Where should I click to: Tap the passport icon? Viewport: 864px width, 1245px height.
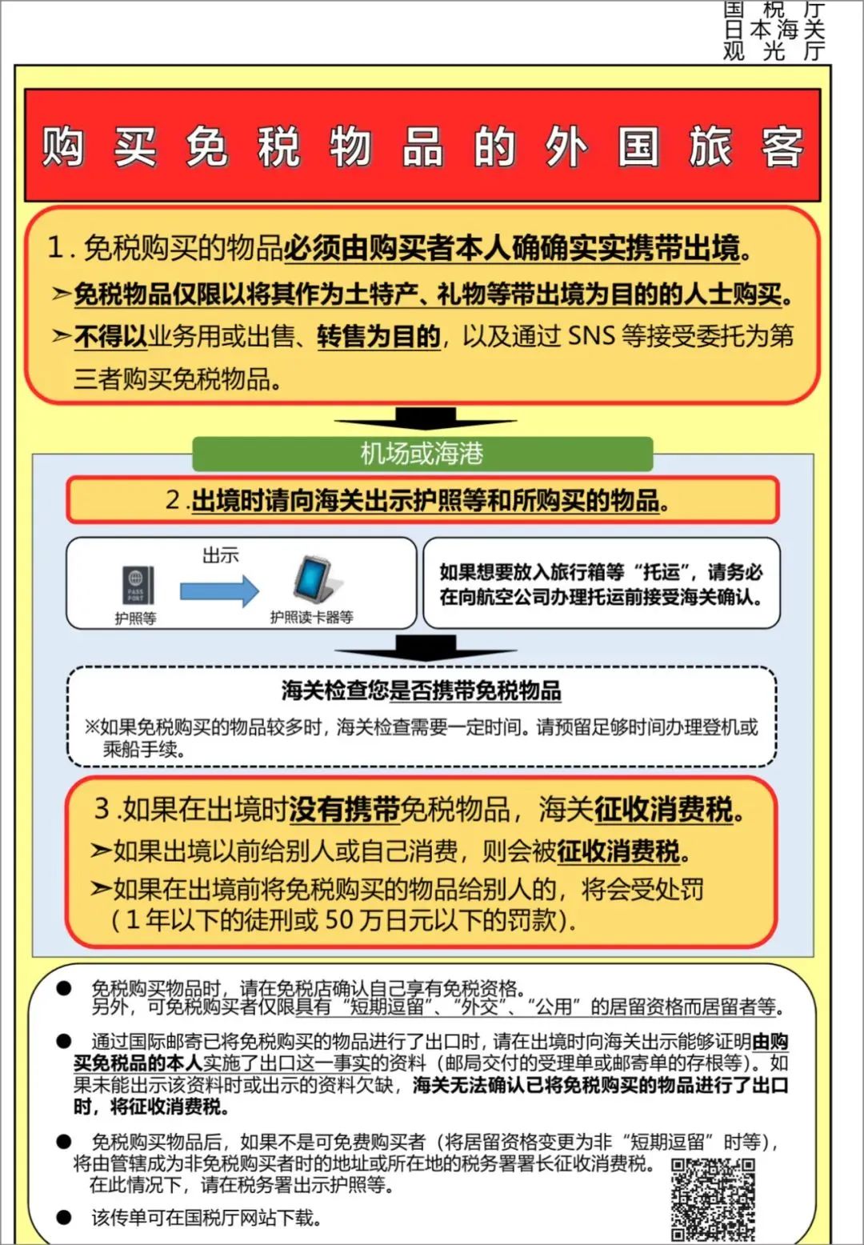(136, 585)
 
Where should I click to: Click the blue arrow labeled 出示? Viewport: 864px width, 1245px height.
(219, 590)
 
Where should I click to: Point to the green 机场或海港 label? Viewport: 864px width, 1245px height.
(422, 454)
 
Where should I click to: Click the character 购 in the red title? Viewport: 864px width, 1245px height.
(63, 146)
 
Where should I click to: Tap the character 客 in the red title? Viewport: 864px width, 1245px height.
(782, 146)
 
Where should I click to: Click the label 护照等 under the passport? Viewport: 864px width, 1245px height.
(135, 618)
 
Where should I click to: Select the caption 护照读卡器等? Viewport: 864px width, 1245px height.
(311, 617)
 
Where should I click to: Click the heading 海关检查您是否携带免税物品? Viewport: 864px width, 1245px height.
(421, 691)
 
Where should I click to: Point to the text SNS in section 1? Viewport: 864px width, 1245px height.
(591, 336)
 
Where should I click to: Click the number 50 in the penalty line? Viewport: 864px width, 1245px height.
(339, 919)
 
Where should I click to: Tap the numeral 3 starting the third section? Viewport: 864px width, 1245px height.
(102, 808)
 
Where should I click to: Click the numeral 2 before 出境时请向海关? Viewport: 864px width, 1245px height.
(174, 500)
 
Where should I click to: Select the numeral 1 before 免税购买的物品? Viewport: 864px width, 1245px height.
(55, 247)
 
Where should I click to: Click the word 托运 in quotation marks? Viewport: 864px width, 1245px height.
(662, 571)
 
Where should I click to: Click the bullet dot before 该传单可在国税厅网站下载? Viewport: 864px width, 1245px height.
(64, 1217)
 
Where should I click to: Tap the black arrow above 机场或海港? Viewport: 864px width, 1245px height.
(425, 418)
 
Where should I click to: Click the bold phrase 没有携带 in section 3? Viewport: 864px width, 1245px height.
(344, 810)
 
